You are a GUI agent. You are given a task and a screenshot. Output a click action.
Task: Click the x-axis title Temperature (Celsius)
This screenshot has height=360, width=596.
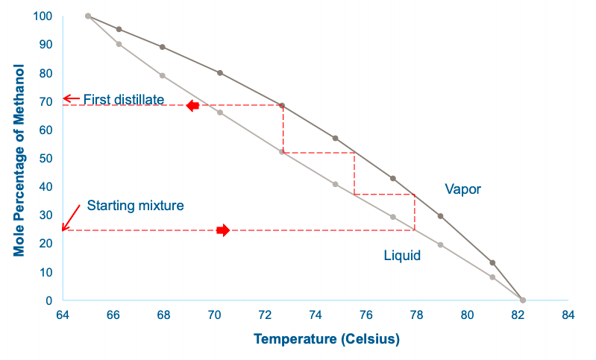point(326,339)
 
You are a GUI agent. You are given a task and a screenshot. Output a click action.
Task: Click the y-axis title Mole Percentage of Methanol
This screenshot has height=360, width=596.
point(19,160)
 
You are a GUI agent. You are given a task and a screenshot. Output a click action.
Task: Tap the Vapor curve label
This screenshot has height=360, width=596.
point(462,189)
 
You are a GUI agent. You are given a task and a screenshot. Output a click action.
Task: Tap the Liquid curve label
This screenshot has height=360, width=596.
point(402,256)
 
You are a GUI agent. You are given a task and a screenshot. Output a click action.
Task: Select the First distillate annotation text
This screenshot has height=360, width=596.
point(123,99)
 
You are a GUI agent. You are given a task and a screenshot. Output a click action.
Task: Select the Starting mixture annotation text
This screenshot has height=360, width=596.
point(135,205)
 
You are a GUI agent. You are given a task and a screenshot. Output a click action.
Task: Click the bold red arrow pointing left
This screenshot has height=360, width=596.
point(192,106)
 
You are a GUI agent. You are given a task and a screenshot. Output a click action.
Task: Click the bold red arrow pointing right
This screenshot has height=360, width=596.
point(224,230)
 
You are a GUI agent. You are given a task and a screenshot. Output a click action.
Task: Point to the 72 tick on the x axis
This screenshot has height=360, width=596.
point(265,315)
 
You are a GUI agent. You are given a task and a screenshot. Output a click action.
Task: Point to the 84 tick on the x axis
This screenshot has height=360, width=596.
point(568,315)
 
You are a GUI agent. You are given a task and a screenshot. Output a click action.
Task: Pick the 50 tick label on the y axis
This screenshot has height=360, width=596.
point(46,159)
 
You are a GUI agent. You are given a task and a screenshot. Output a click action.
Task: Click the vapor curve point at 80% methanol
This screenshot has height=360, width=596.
point(220,73)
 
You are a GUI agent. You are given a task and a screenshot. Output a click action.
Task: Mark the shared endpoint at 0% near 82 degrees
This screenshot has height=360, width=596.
point(523,300)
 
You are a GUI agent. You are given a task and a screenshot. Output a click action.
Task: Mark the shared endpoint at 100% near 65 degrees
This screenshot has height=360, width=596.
point(88,16)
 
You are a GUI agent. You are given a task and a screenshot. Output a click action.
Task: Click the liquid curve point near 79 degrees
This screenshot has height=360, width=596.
point(440,244)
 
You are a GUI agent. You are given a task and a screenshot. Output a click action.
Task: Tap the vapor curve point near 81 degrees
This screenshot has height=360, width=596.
point(492,263)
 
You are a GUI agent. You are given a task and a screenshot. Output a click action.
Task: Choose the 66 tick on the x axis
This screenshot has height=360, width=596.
point(113,315)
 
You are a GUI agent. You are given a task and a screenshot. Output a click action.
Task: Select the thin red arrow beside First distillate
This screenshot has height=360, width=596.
point(70,98)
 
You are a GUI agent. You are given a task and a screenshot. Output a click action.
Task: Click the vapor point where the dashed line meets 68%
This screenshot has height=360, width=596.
point(282,106)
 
